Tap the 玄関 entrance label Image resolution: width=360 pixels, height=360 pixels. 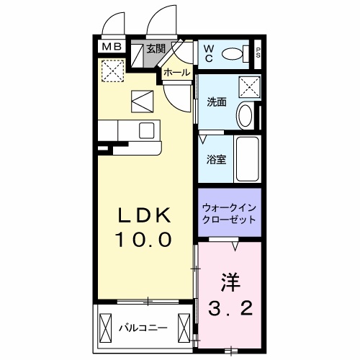[156, 49]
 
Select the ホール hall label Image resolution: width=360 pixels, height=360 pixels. [176, 73]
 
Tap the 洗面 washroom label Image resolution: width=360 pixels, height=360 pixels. [217, 102]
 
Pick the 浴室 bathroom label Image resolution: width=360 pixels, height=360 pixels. [217, 159]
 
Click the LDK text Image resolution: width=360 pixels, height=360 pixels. [144, 215]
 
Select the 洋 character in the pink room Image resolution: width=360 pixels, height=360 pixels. [228, 279]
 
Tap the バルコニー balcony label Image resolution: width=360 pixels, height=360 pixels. [144, 328]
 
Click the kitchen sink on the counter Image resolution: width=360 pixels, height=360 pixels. [147, 130]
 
